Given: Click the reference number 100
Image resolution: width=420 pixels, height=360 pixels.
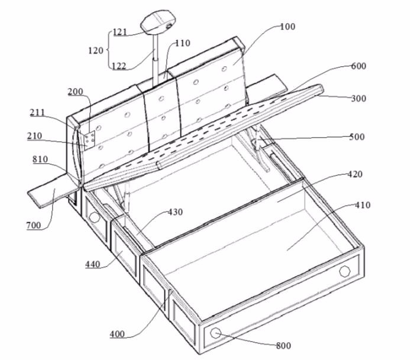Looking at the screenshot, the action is coord(287,27).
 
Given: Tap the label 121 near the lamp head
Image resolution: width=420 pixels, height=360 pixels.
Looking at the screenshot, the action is coord(120,32).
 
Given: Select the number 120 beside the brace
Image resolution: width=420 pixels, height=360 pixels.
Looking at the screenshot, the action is coord(96,50).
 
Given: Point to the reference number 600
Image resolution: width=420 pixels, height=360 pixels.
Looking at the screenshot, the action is coord(358,66).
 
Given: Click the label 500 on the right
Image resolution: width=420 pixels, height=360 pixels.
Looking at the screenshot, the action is coord(357,137).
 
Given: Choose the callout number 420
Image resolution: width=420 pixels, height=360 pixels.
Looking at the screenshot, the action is coord(355,174).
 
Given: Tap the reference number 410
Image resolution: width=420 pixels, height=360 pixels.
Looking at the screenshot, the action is coord(363,205).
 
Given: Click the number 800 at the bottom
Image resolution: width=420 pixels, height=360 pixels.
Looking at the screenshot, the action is coord(284,346).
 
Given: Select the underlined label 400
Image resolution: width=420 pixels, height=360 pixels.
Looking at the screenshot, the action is coord(117,334).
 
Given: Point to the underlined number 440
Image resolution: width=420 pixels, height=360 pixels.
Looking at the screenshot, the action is coord(93,264).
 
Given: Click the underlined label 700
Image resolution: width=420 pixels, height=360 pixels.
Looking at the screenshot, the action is coord(34,226).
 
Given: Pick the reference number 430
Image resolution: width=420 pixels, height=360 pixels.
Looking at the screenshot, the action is coord(176,212).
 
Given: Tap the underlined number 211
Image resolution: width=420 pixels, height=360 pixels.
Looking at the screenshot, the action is coord(37,112).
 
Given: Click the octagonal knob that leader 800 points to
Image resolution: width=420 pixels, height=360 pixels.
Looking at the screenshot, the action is coord(216,333).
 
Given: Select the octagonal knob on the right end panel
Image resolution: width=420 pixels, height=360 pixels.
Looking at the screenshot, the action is coord(345,271).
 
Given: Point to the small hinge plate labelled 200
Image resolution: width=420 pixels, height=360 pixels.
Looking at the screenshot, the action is coord(89,139).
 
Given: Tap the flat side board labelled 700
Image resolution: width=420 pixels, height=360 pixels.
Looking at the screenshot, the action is coord(54,190).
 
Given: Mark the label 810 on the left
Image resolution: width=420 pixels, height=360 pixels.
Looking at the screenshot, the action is coord(40,159).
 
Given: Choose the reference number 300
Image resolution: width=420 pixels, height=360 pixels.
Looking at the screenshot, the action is coord(358,99).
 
